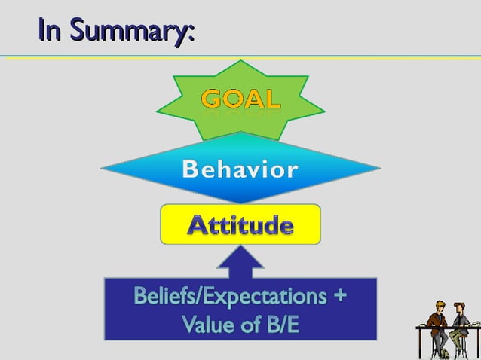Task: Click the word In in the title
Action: pyautogui.click(x=51, y=32)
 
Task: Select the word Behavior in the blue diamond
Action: pyautogui.click(x=240, y=170)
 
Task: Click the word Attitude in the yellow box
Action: pyautogui.click(x=240, y=224)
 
